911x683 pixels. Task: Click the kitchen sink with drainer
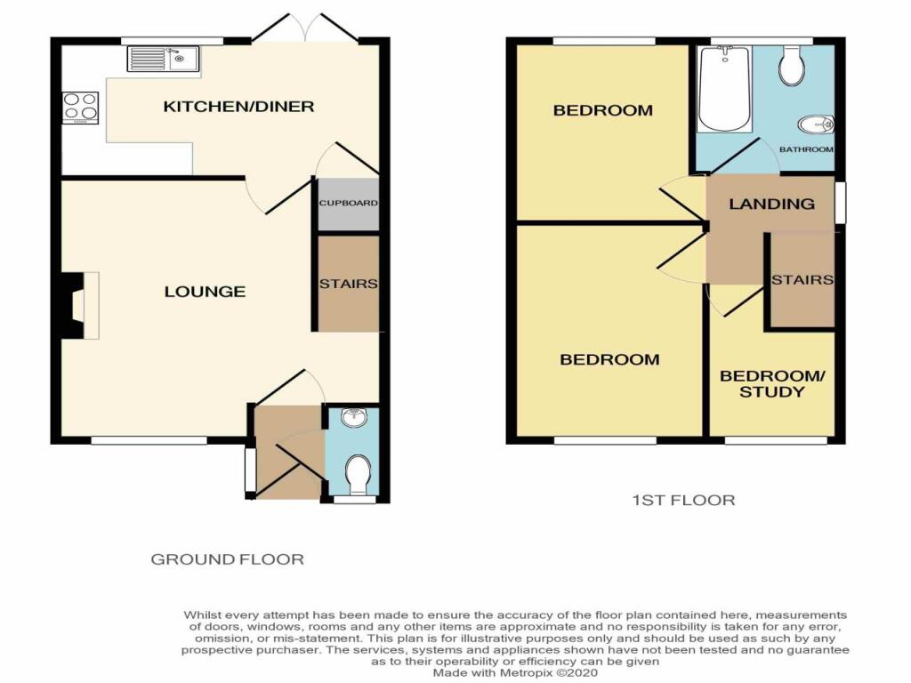(x=164, y=60)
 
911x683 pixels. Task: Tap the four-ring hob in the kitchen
(x=80, y=108)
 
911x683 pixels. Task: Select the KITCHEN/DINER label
(x=238, y=107)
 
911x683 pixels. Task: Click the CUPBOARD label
(x=348, y=203)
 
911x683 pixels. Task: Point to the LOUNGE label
(x=206, y=291)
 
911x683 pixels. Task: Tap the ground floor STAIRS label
(x=348, y=284)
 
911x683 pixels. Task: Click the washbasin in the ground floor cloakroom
(x=352, y=418)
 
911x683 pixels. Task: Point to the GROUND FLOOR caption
(x=227, y=559)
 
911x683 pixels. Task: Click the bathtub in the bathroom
(x=724, y=88)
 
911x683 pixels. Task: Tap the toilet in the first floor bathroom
(x=792, y=65)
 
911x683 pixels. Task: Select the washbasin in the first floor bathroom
(x=817, y=125)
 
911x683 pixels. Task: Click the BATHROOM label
(x=806, y=149)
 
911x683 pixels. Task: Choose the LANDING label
(x=771, y=204)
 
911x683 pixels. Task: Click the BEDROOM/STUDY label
(x=772, y=383)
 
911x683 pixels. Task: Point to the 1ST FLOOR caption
(x=683, y=500)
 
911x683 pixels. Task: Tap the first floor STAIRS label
(x=802, y=280)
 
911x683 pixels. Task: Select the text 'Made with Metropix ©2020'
(x=515, y=672)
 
